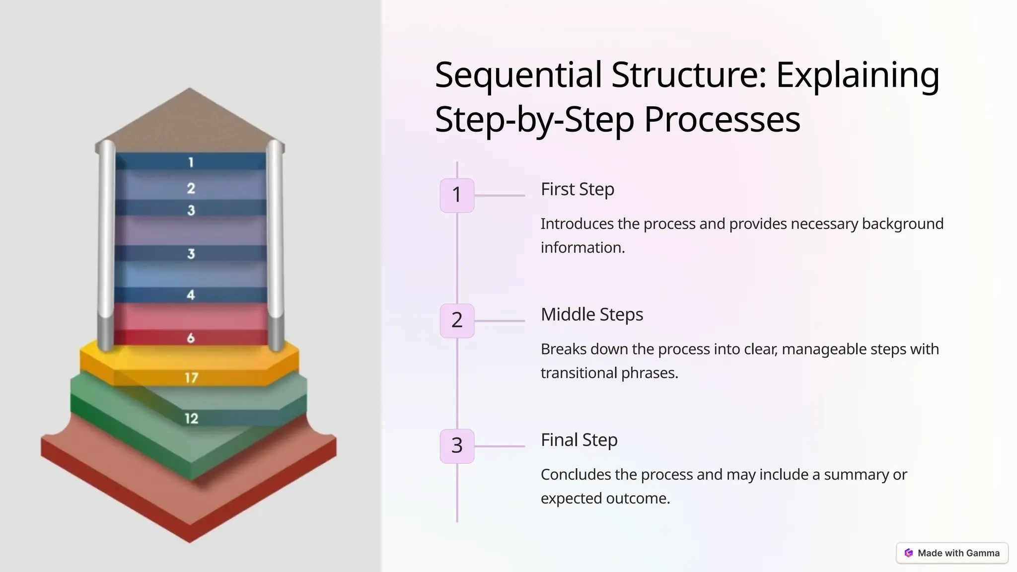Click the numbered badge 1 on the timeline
point(457,195)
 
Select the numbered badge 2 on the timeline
point(457,320)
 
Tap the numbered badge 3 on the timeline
point(457,446)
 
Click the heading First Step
point(577,189)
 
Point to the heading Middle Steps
point(591,314)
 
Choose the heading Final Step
point(579,440)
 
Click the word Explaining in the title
point(857,75)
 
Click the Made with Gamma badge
point(952,553)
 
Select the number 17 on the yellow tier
point(192,378)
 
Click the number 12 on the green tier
point(191,419)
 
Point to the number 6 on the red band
point(191,338)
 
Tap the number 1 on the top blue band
point(191,162)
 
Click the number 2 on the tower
point(191,188)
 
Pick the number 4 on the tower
point(191,295)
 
